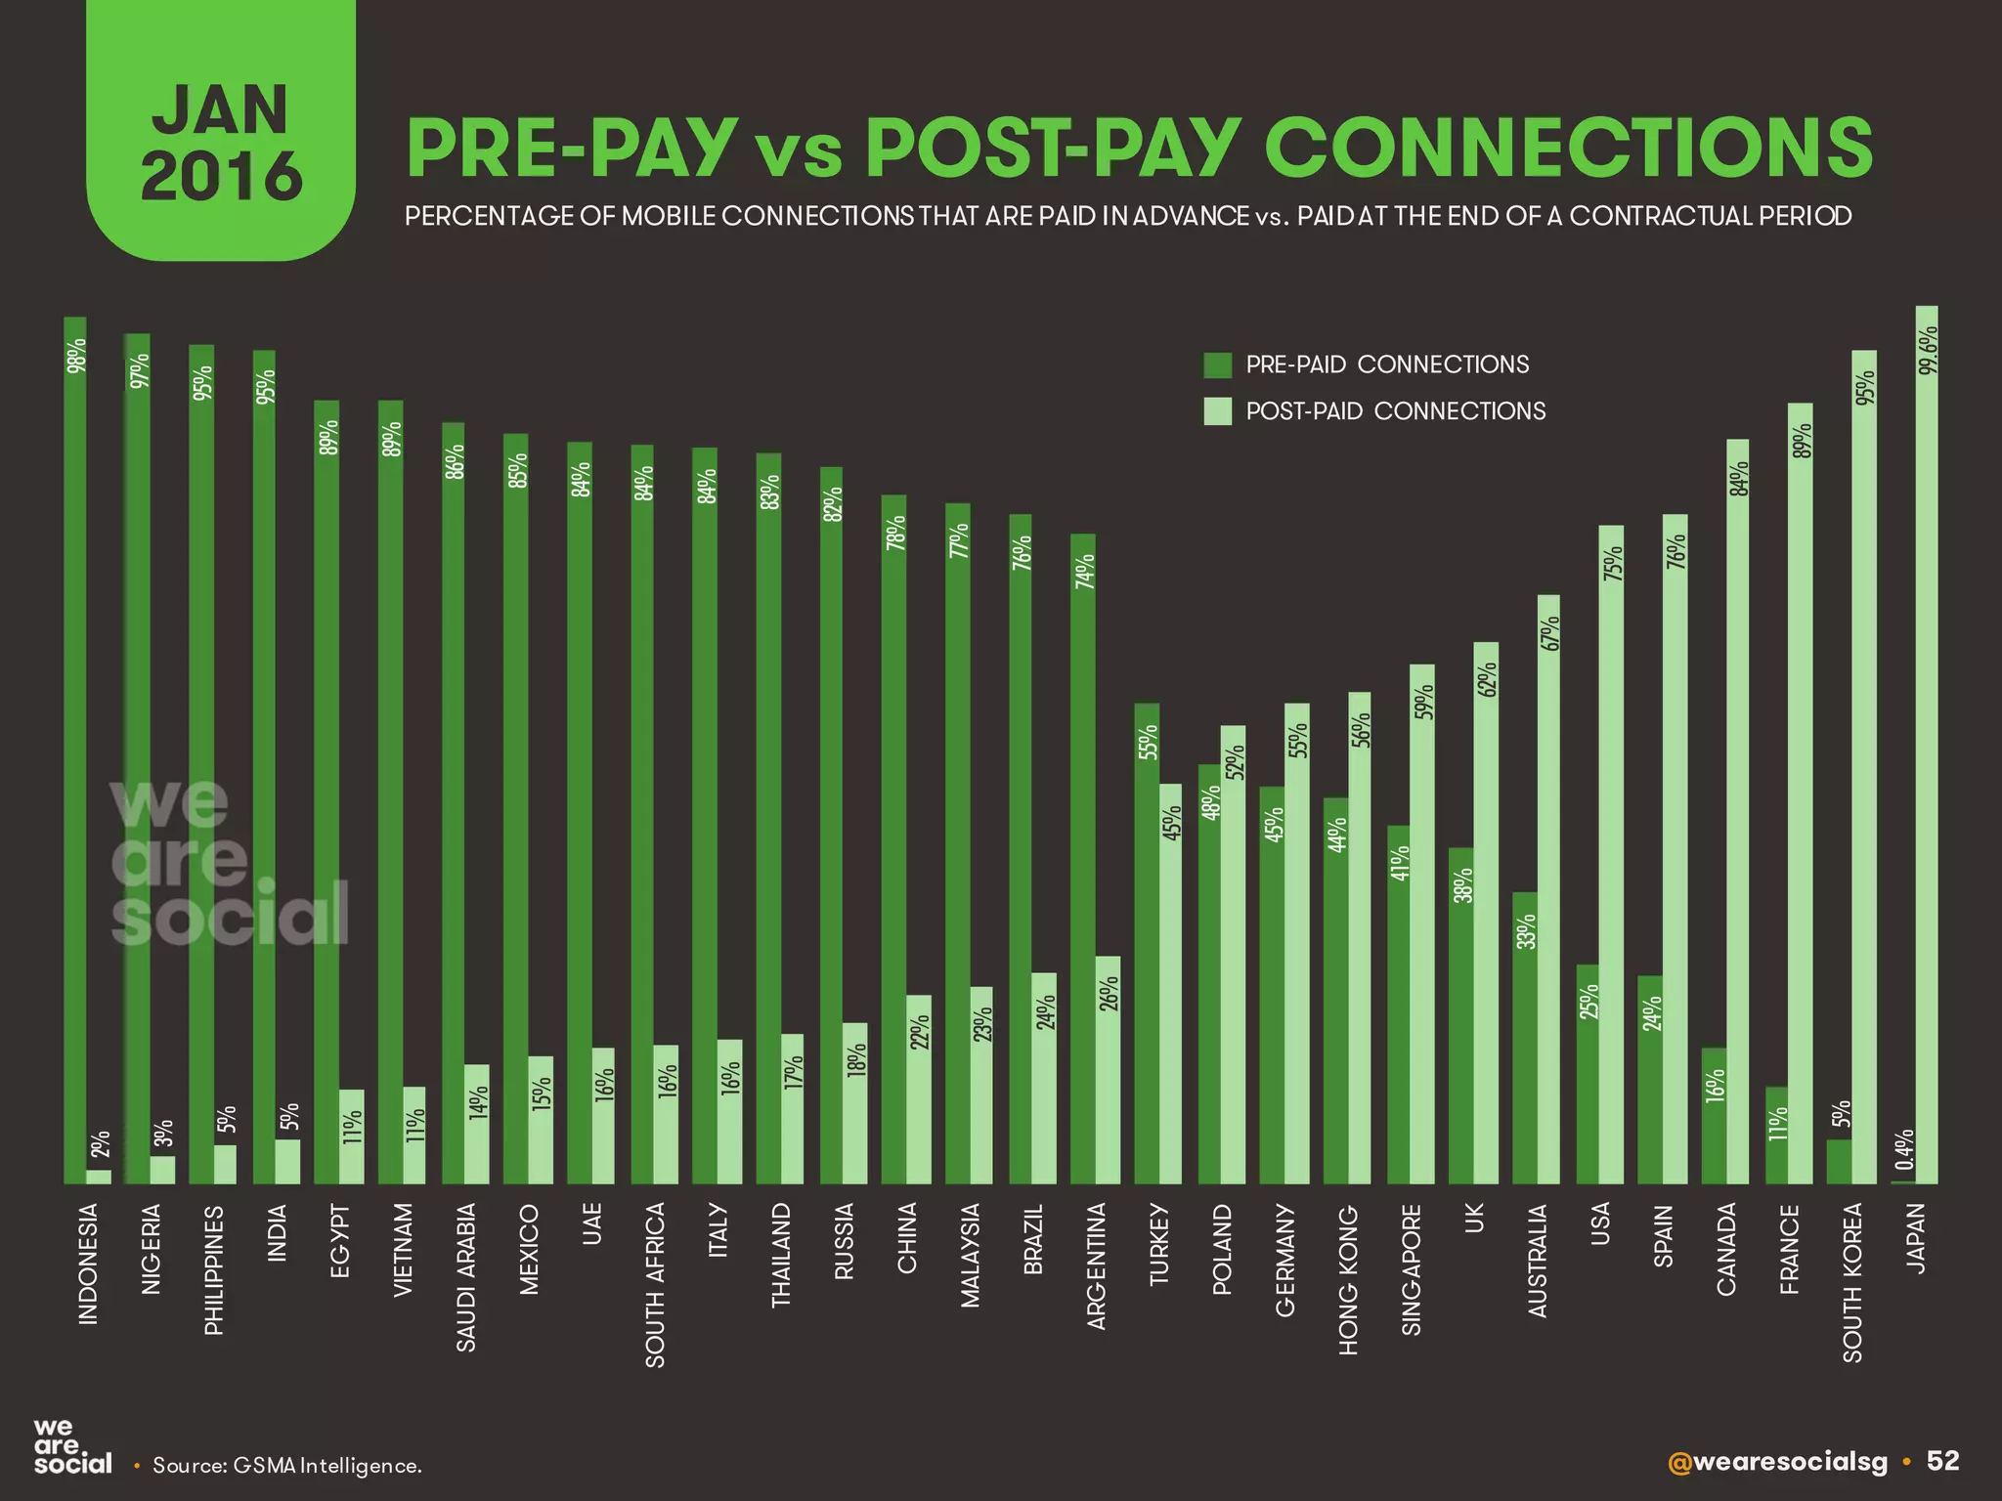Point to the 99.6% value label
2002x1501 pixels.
click(x=1927, y=351)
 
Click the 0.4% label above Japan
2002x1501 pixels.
click(x=1902, y=1150)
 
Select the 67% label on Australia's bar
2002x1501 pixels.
click(x=1549, y=633)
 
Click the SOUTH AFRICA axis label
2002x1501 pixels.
click(x=655, y=1284)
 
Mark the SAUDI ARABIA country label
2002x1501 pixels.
click(x=466, y=1276)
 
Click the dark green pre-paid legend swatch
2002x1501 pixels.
click(x=1217, y=365)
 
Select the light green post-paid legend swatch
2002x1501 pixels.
click(x=1217, y=411)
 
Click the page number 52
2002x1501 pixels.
click(x=1942, y=1460)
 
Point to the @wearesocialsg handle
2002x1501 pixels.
click(x=1778, y=1462)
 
